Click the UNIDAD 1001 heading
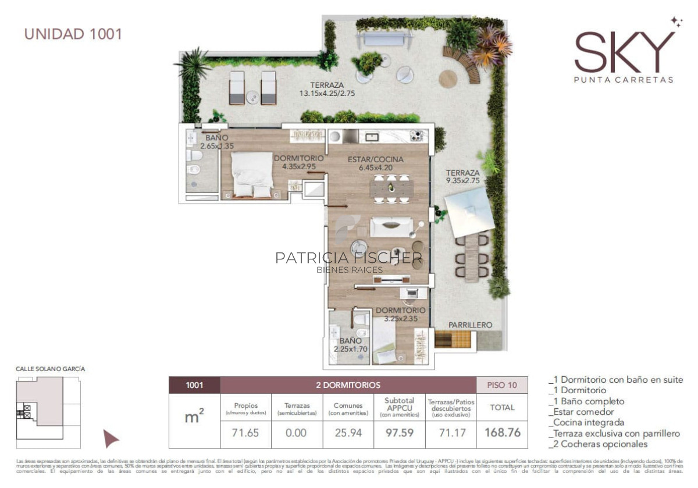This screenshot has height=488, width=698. coord(73,34)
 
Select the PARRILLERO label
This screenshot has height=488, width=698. coord(470,325)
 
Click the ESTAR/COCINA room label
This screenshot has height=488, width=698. coord(375,159)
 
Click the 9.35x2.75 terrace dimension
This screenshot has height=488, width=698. coord(463,181)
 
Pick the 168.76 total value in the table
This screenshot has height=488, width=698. coord(502,433)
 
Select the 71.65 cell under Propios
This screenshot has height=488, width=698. coord(245,433)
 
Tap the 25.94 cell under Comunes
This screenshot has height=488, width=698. coord(348,433)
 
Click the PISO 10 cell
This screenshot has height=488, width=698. coord(502,385)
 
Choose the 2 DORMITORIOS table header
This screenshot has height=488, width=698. coord(348,385)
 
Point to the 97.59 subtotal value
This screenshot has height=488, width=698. coord(400,433)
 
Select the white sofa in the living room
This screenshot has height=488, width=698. coord(391,227)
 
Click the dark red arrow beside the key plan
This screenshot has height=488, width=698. coord(111,439)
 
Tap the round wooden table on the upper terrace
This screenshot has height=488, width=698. coord(448,79)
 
